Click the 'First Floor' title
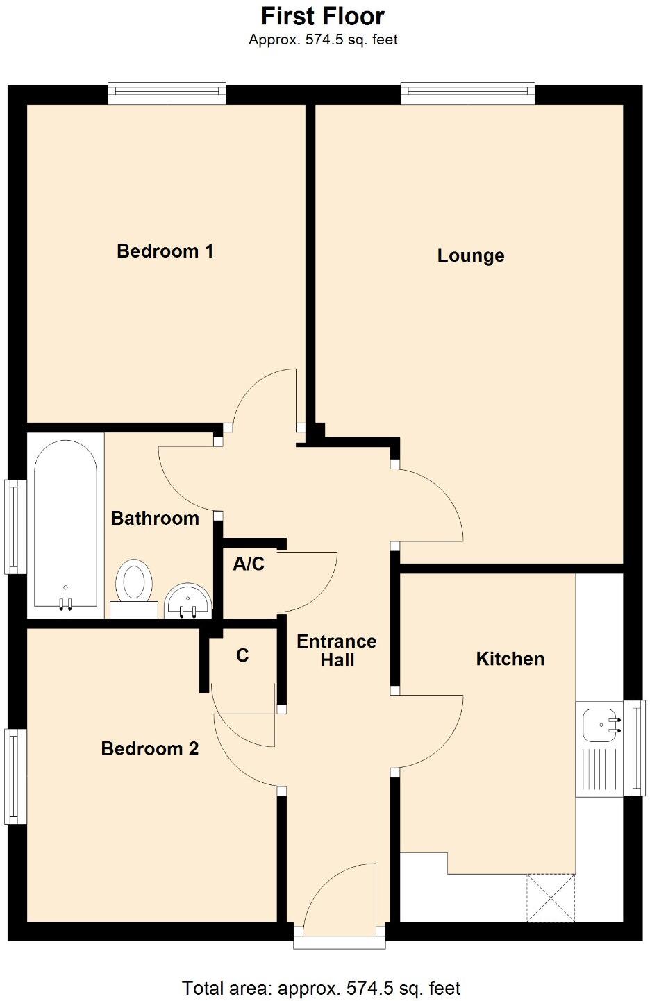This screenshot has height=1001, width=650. (x=323, y=16)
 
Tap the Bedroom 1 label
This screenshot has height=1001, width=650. (x=165, y=251)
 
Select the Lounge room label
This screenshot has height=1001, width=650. (x=470, y=255)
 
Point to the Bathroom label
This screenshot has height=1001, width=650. (x=155, y=518)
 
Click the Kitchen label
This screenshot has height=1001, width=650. (x=510, y=658)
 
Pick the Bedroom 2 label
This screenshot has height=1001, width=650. (x=149, y=748)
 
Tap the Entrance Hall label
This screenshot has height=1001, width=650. (x=337, y=650)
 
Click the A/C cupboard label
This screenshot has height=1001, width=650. (x=249, y=564)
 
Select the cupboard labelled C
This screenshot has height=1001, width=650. (x=242, y=655)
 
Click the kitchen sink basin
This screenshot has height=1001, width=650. (x=600, y=725)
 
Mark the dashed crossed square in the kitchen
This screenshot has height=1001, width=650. (x=551, y=898)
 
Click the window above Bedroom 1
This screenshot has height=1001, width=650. (x=167, y=94)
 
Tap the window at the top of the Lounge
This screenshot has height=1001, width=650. (x=468, y=94)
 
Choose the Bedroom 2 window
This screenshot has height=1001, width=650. (x=16, y=775)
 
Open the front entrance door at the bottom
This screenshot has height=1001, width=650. (x=340, y=902)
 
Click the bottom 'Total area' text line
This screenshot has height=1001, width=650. (x=321, y=988)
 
